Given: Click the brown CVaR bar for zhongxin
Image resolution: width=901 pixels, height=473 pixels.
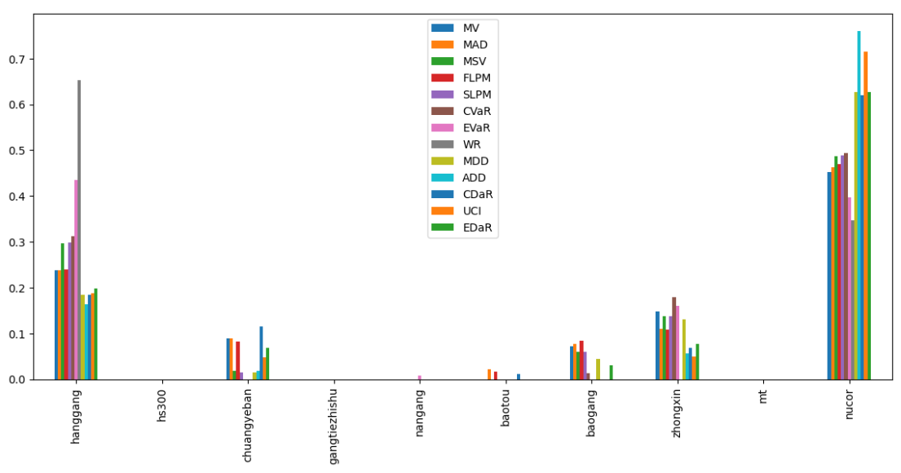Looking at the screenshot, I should [674, 338].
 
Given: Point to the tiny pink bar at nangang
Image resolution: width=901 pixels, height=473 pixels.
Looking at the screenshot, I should [420, 378].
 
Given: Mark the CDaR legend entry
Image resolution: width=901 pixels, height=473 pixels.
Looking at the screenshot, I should [477, 194].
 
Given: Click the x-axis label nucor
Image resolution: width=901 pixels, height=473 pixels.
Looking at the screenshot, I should [849, 404].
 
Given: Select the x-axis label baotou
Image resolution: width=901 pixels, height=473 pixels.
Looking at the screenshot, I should [506, 406].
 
